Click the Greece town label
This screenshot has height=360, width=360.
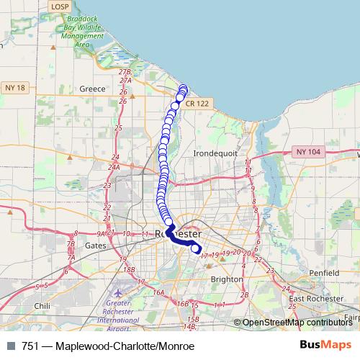point(93,89)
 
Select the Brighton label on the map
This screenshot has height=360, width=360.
point(228,278)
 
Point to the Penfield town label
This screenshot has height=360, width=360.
point(324,274)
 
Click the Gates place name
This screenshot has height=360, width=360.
point(96,245)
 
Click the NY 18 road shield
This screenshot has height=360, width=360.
point(14,87)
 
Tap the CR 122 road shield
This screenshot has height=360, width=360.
point(197,104)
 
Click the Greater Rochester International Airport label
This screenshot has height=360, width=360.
point(117,315)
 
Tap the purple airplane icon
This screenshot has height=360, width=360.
point(118,294)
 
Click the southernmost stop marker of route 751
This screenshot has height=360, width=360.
point(194,251)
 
